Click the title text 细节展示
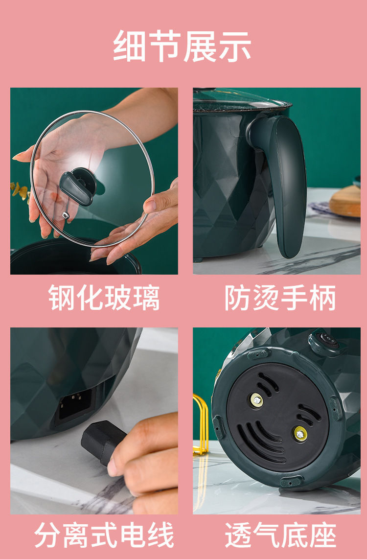pos(183,47)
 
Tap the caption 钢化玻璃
pos(104,298)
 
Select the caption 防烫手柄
pos(280,298)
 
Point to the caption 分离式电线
pos(104,535)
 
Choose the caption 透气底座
pos(280,535)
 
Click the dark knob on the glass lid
pos(78,186)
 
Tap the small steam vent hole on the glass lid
pos(65,215)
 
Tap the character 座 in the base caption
pos(322,535)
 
